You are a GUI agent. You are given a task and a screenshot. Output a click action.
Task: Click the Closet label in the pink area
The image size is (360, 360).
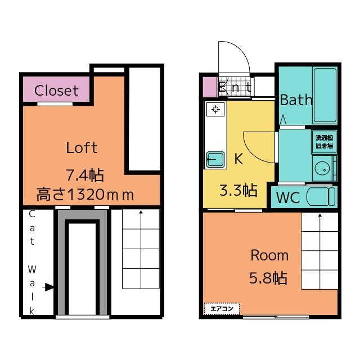56,90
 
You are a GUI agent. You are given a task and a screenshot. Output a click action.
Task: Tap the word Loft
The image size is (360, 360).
82,148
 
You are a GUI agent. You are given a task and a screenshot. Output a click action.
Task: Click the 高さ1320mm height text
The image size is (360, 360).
85,195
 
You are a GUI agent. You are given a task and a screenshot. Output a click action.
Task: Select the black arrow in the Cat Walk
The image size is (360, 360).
49,287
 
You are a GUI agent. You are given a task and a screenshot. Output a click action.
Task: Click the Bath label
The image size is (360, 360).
296,101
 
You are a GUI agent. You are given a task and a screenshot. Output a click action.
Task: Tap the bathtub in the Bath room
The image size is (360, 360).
324,95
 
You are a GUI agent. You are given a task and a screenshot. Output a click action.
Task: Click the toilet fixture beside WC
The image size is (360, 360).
321,197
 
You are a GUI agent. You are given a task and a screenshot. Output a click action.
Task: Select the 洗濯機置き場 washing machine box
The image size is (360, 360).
323,141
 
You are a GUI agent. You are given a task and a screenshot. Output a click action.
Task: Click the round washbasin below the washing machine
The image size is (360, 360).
322,168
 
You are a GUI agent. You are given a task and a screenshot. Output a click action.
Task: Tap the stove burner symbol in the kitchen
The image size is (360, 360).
215,109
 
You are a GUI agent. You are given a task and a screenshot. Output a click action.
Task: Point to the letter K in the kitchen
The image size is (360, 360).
238,159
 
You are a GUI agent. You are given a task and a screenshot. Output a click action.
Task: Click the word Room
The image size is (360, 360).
269,255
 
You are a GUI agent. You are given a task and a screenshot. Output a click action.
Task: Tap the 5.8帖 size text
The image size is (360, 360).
269,278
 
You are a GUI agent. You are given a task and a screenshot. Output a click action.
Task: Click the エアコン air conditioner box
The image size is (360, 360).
222,308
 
